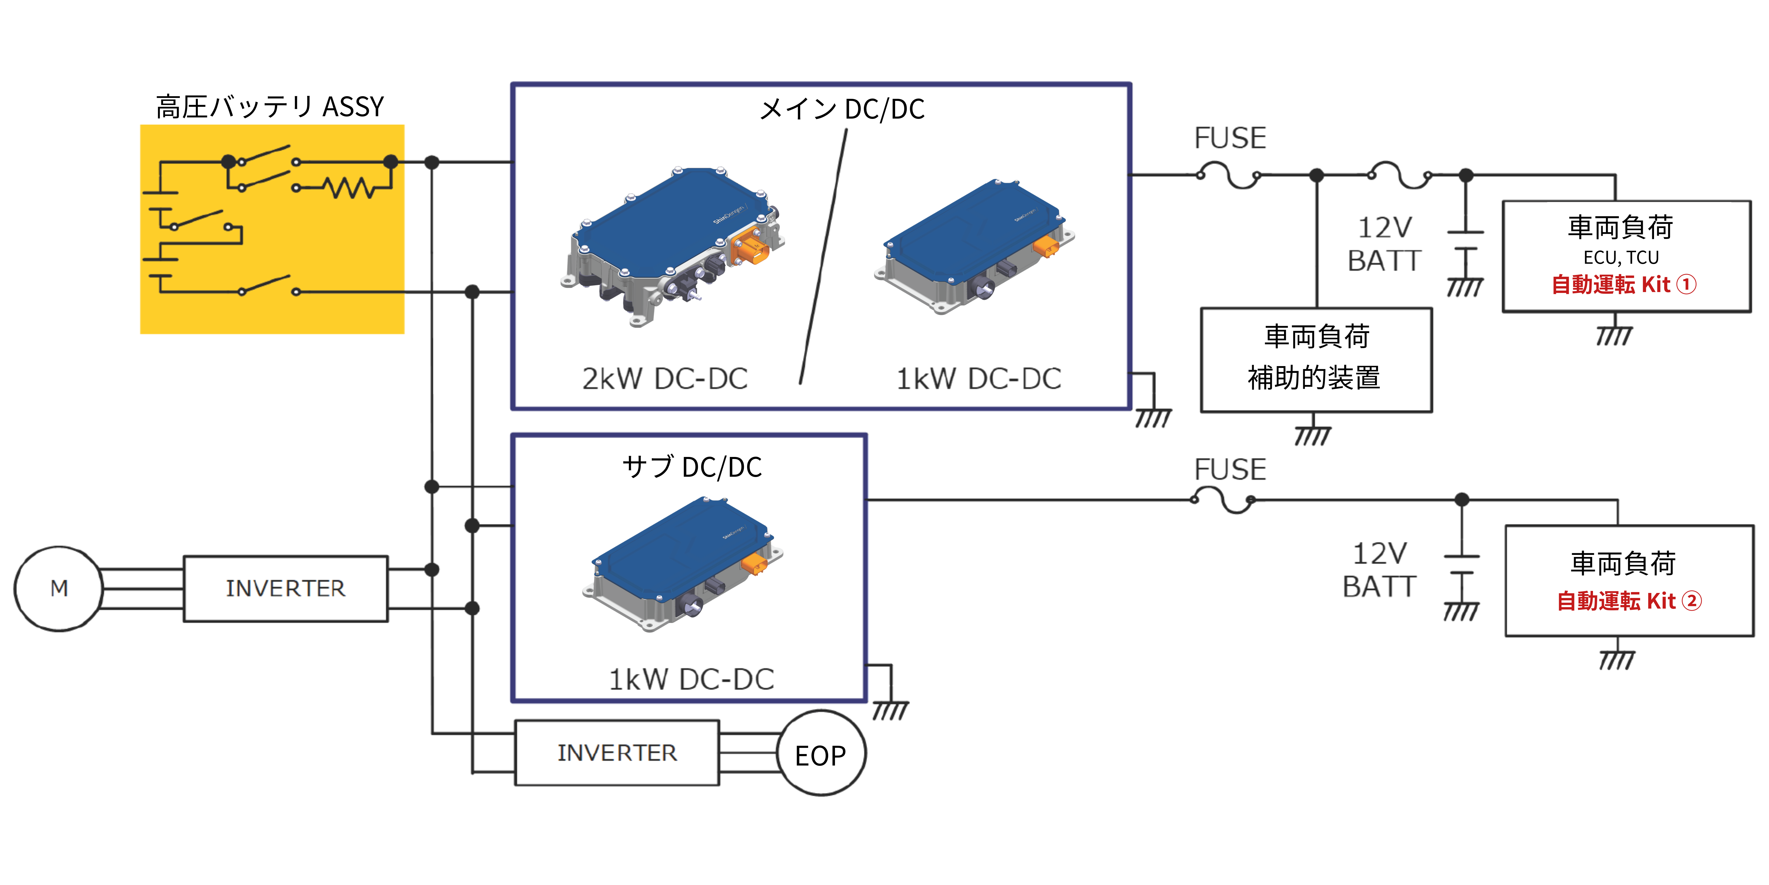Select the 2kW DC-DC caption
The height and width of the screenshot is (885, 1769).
click(x=665, y=378)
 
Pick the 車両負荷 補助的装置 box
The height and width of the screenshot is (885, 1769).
click(x=1316, y=359)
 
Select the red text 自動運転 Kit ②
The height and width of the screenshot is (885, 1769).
click(x=1628, y=601)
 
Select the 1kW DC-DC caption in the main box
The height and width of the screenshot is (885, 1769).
click(x=979, y=378)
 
